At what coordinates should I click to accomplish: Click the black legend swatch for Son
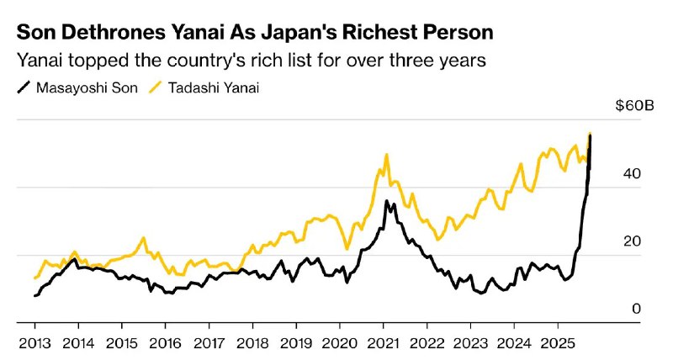tap(23, 87)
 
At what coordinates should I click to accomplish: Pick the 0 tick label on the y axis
tap(636, 309)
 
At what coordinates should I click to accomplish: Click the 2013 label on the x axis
tap(34, 342)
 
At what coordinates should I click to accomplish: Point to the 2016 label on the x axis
tap(165, 342)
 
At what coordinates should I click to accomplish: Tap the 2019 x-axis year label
tap(295, 342)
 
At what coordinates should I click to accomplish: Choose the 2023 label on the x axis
tap(469, 342)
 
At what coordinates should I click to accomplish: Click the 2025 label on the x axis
tap(555, 342)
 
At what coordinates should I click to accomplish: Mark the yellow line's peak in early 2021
tap(386, 155)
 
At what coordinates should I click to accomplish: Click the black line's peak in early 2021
tap(386, 201)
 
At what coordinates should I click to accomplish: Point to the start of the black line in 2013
tap(34, 296)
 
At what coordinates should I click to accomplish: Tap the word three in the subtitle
tap(410, 61)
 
